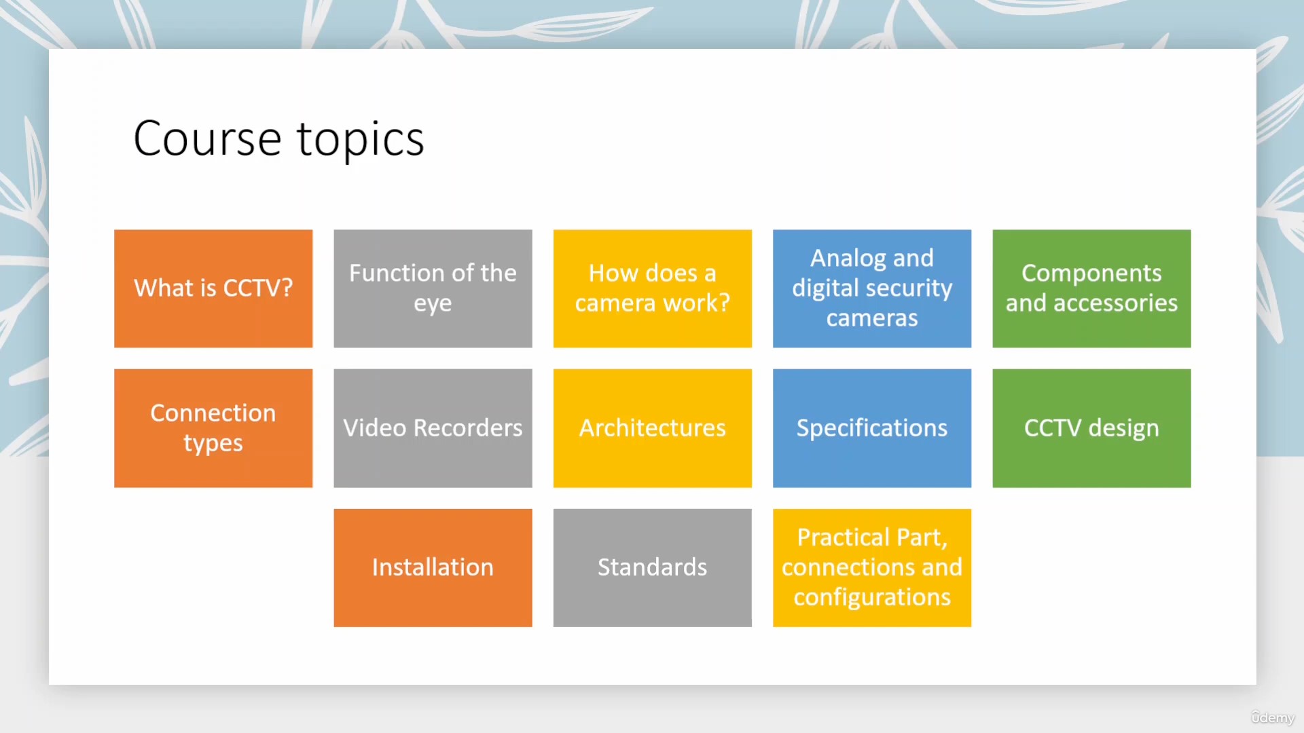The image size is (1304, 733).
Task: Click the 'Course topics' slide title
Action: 278,139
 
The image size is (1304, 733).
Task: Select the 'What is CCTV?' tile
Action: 213,288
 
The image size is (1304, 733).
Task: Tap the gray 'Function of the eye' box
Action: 433,288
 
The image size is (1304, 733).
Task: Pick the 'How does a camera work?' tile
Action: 652,288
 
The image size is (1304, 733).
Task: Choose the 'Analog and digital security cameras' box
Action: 872,288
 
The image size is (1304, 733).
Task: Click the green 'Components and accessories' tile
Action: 1091,288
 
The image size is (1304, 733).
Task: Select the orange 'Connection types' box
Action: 213,428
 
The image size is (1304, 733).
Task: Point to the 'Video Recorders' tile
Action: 433,428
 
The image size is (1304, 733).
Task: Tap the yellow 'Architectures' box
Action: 652,428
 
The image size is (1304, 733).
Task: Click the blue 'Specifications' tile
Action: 872,428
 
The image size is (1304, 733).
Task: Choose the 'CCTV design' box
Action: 1091,428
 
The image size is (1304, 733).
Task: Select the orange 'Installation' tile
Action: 433,568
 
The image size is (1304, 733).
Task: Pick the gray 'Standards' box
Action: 652,568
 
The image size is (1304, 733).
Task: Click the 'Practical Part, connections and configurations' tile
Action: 872,568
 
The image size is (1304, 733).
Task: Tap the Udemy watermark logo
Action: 1273,717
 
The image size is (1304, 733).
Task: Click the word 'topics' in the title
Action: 361,140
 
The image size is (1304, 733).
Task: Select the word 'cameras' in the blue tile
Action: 872,318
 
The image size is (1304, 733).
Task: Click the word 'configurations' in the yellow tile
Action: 872,598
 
